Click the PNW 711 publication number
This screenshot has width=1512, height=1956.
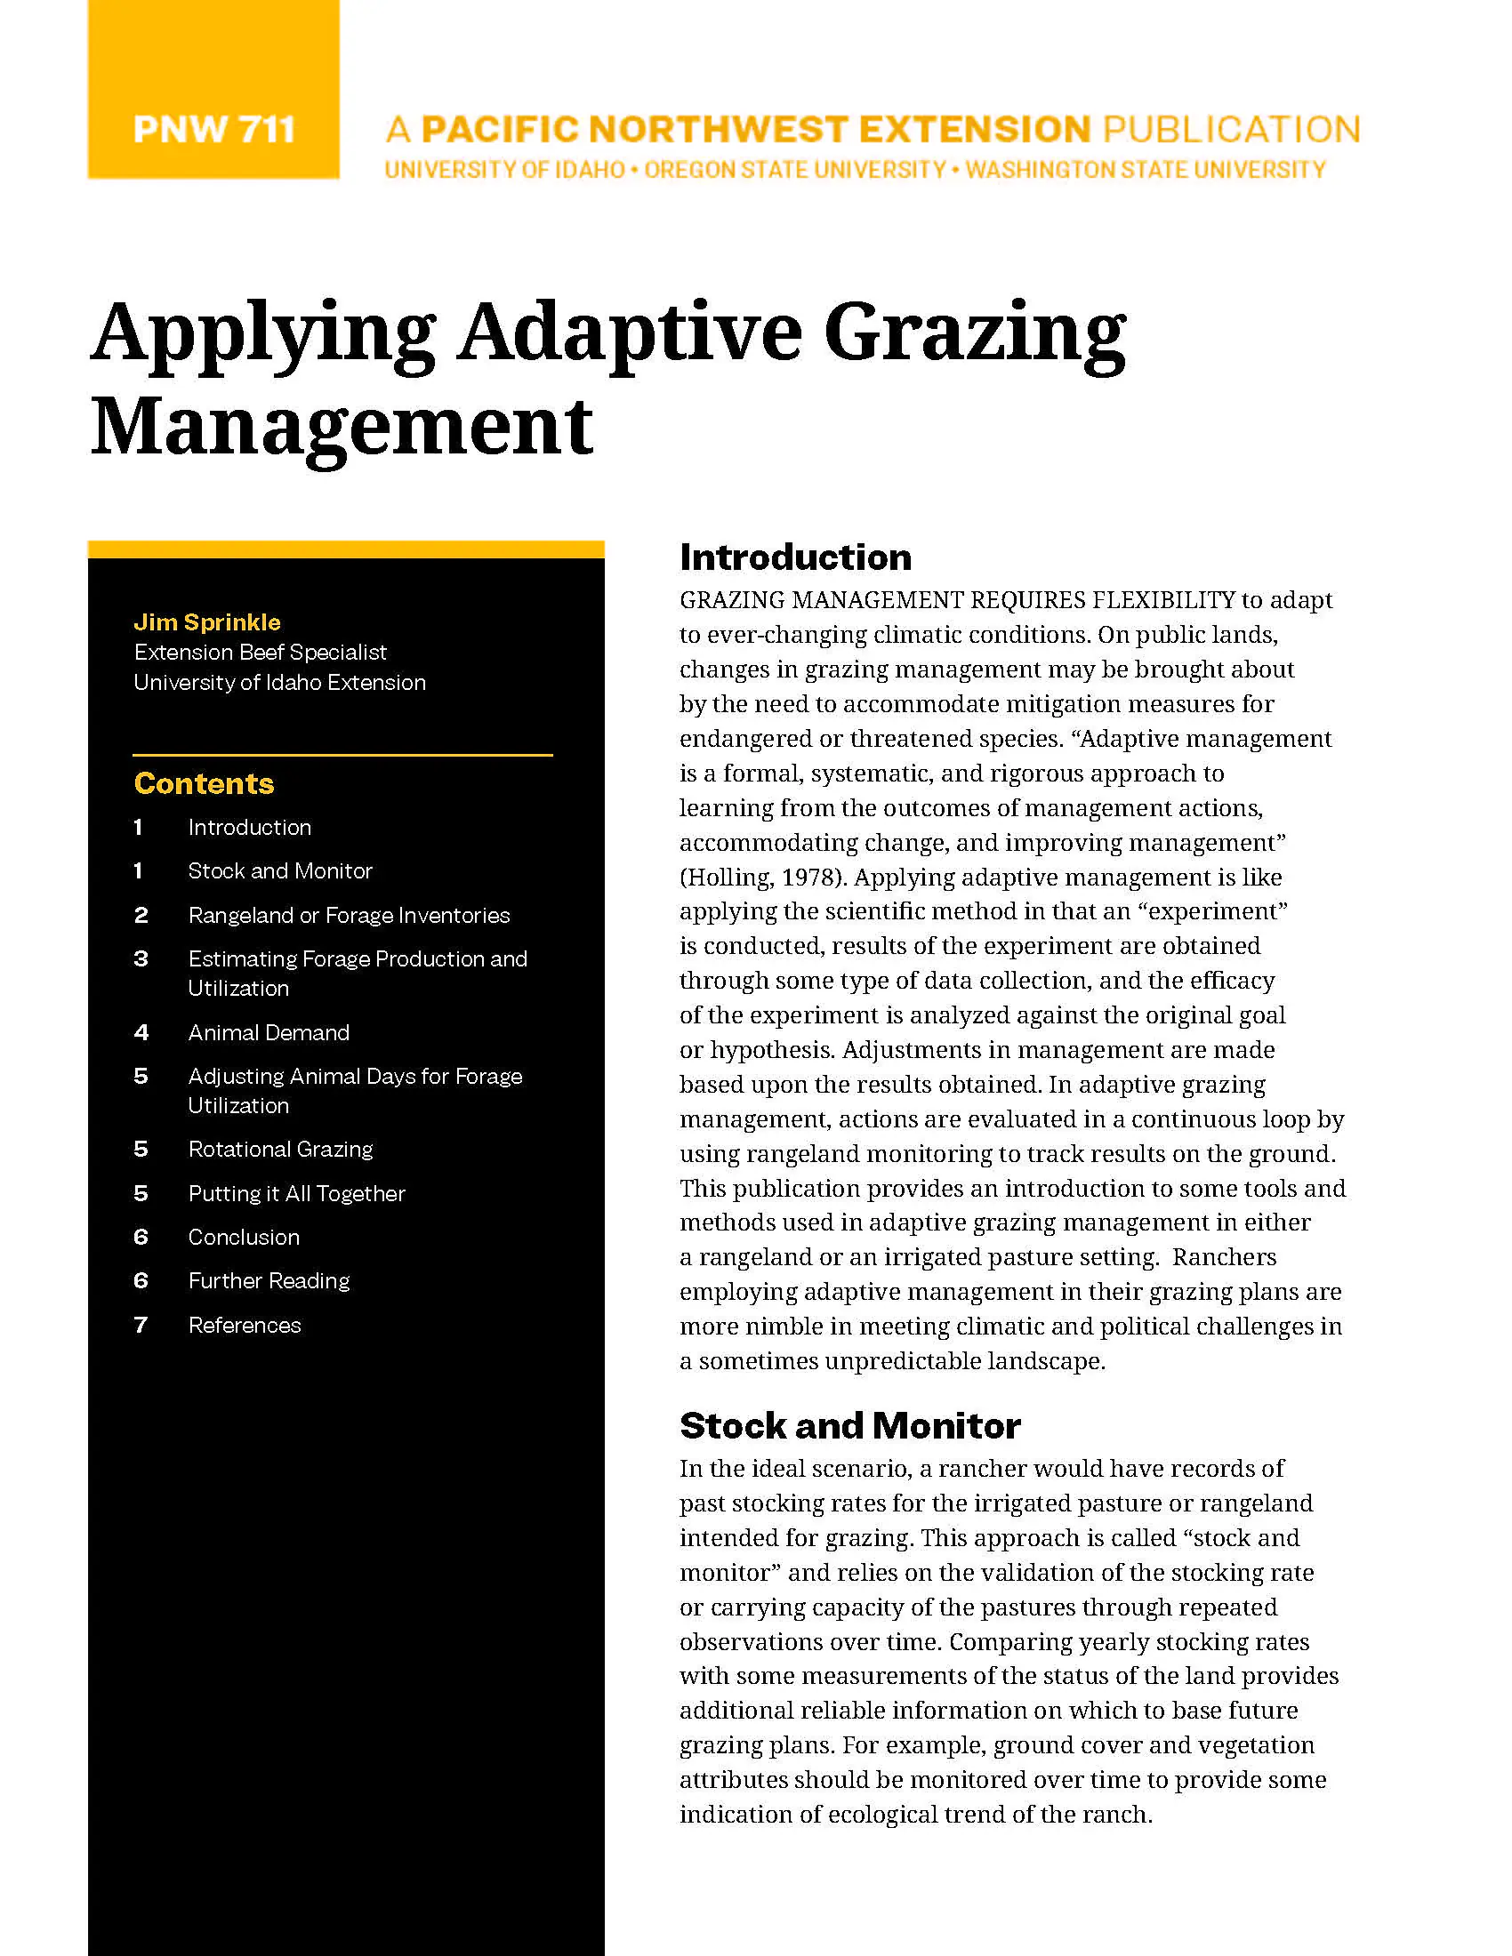(x=213, y=130)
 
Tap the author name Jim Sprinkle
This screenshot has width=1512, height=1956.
(x=207, y=622)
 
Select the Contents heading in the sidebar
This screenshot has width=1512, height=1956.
(x=205, y=783)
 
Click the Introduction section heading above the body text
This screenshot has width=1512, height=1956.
(x=795, y=557)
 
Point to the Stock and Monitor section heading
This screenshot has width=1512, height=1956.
(x=849, y=1426)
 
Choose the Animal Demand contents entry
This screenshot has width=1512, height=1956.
(x=269, y=1032)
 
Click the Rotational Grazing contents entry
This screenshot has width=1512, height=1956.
(x=280, y=1149)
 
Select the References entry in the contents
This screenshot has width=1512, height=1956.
(x=245, y=1325)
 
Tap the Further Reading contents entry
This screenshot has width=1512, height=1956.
(x=269, y=1280)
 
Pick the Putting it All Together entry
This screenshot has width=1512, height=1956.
(x=296, y=1193)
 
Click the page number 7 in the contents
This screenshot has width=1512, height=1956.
(x=141, y=1325)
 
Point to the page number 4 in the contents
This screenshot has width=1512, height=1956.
(x=141, y=1032)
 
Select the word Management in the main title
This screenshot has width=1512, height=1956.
(x=342, y=427)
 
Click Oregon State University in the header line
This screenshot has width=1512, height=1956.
(x=794, y=170)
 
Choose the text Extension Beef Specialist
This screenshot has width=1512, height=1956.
(x=260, y=652)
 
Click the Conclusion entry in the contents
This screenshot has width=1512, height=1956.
(x=244, y=1237)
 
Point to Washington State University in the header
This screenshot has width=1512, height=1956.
(x=1145, y=170)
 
